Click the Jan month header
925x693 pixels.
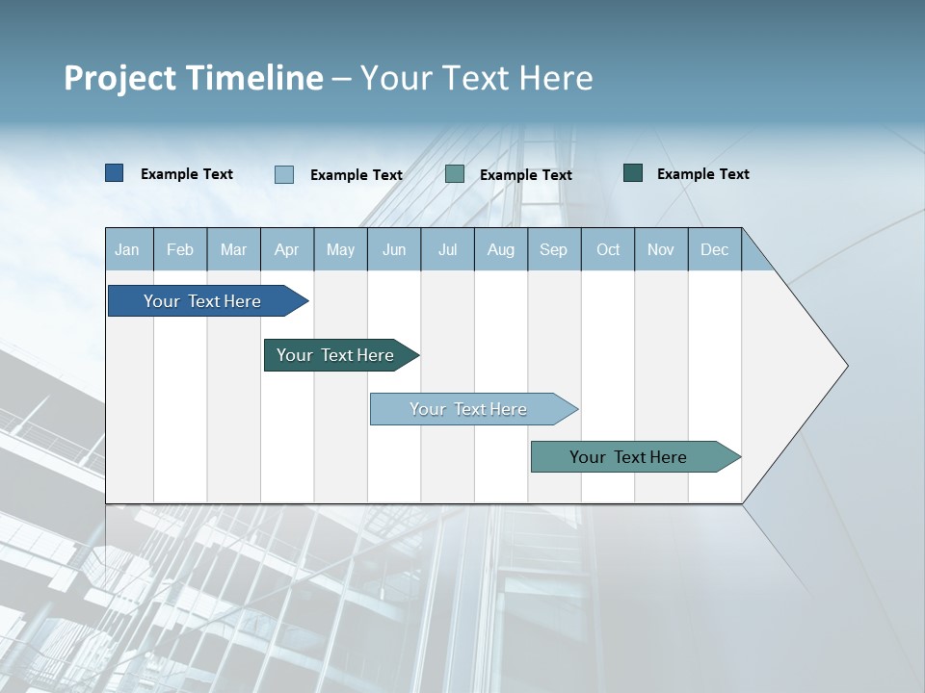pyautogui.click(x=127, y=249)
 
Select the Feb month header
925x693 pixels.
pyautogui.click(x=180, y=249)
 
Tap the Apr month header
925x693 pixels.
pyautogui.click(x=286, y=249)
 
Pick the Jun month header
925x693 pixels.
pyautogui.click(x=394, y=249)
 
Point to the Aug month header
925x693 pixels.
pyautogui.click(x=500, y=249)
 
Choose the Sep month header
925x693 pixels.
pyautogui.click(x=553, y=249)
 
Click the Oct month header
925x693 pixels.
pyautogui.click(x=608, y=249)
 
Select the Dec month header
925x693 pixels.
pyautogui.click(x=714, y=249)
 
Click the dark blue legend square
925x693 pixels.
pyautogui.click(x=115, y=173)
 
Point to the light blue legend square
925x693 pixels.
pyautogui.click(x=284, y=174)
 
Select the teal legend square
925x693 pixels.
pyautogui.click(x=455, y=174)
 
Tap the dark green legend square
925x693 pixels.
pyautogui.click(x=633, y=173)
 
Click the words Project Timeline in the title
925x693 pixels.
pyautogui.click(x=193, y=78)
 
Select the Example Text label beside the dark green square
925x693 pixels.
pyautogui.click(x=702, y=174)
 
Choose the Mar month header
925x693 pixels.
pyautogui.click(x=233, y=249)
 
